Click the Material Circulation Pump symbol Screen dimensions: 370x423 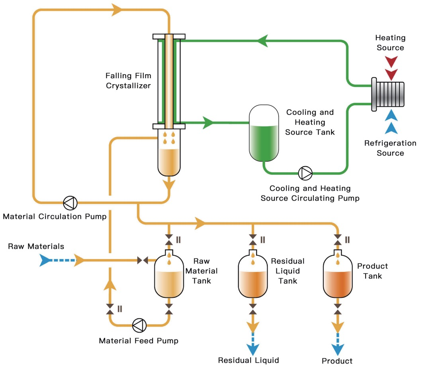tap(70, 203)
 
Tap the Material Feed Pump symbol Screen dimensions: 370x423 tap(139, 325)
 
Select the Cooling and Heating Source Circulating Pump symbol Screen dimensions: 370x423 tap(305, 173)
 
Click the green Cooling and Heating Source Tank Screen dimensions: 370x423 tap(263, 134)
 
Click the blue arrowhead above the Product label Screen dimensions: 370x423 tap(338, 349)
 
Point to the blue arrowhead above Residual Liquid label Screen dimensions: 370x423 tap(253, 349)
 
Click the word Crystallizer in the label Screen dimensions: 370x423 tap(128, 85)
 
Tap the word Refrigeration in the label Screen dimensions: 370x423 tap(390, 143)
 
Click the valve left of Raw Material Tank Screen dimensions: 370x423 tap(143, 261)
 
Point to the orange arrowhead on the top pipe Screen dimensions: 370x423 tap(118, 10)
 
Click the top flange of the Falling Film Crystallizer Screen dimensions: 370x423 tap(169, 37)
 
